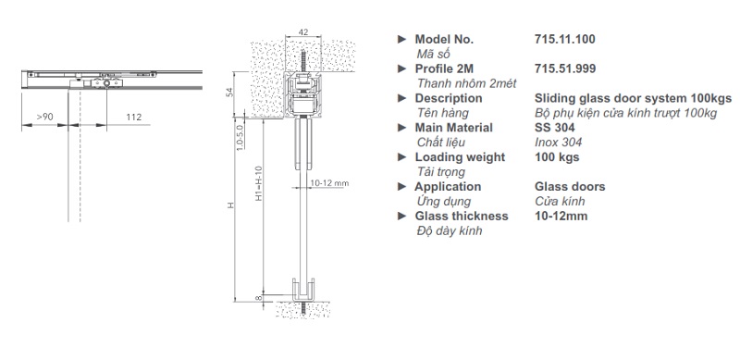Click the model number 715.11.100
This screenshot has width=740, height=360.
[564, 39]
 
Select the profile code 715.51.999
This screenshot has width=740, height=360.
[565, 68]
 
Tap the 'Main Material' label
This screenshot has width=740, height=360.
[453, 128]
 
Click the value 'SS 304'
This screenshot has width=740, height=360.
[554, 128]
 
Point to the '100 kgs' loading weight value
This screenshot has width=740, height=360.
[557, 156]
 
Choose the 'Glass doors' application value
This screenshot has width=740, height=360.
[570, 187]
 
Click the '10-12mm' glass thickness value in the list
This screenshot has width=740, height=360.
[561, 216]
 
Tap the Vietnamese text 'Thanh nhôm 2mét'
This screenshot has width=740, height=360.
[467, 83]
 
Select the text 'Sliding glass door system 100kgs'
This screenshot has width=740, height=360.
[633, 98]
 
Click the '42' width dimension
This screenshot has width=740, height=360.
[303, 32]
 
